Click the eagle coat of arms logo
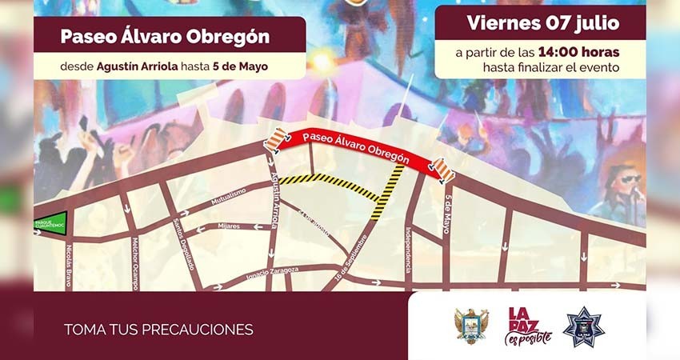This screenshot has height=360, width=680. pos(471,326)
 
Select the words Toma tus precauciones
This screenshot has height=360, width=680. pos(158,329)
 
